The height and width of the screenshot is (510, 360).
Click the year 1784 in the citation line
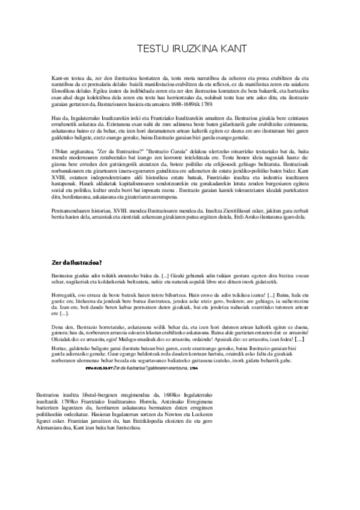tap(193, 366)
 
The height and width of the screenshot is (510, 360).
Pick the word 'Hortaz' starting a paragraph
tap(59, 348)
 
